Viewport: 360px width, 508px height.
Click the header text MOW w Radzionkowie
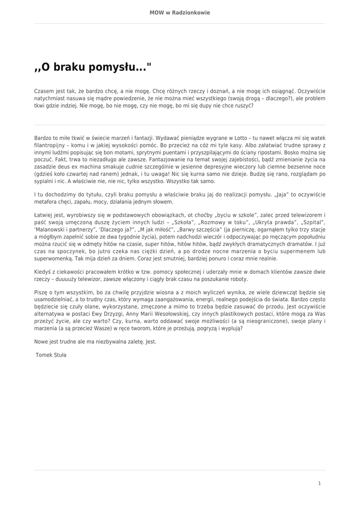pos(180,13)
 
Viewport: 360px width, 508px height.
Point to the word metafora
pos(46,202)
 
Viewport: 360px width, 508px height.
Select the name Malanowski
pos(52,230)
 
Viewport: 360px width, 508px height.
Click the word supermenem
pos(297,252)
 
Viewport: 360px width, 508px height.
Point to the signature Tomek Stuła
pos(51,355)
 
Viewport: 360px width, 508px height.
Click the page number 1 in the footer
pos(320,483)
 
